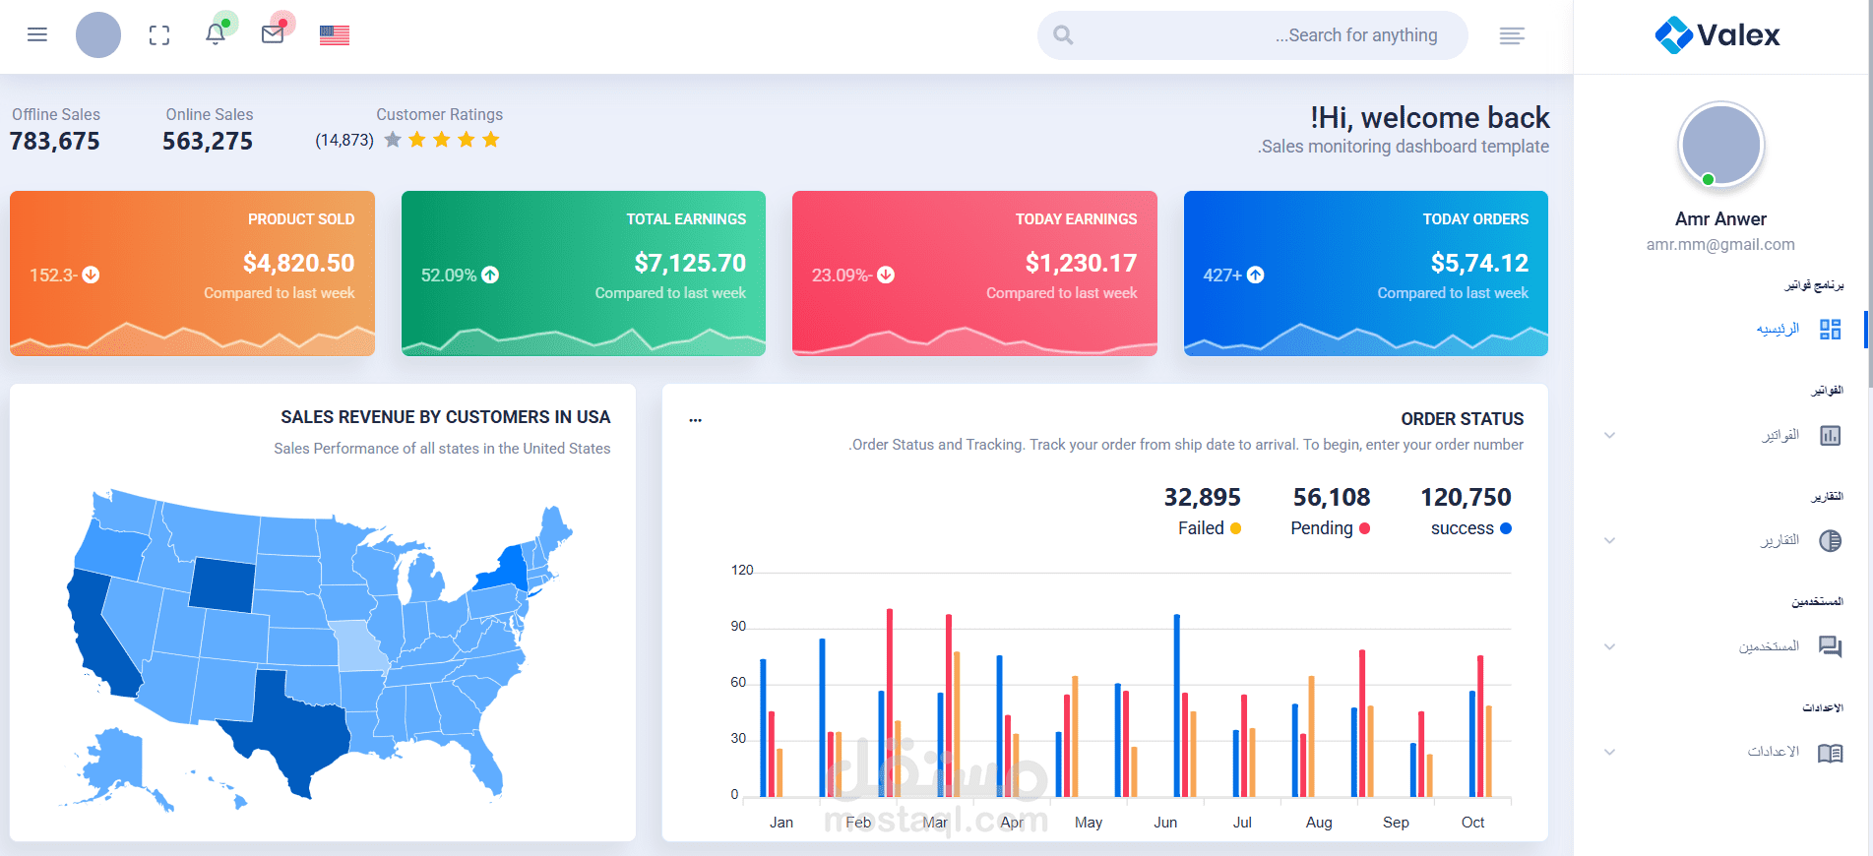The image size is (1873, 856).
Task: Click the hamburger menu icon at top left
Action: pyautogui.click(x=37, y=35)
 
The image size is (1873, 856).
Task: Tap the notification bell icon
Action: pyautogui.click(x=215, y=34)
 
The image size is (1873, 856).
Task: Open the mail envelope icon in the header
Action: pyautogui.click(x=273, y=34)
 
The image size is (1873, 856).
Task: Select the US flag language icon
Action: pyautogui.click(x=335, y=35)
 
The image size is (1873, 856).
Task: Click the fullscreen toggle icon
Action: pyautogui.click(x=159, y=35)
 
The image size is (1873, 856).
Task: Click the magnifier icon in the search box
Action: pyautogui.click(x=1063, y=35)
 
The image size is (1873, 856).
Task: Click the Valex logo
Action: pyautogui.click(x=1717, y=35)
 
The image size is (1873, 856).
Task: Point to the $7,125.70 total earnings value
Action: pyautogui.click(x=690, y=263)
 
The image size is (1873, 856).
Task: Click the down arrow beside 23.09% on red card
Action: pyautogui.click(x=886, y=275)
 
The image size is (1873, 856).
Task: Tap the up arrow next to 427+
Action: pyautogui.click(x=1256, y=275)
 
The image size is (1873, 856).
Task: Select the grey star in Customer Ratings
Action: pyautogui.click(x=393, y=140)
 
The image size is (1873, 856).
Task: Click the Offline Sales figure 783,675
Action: pyautogui.click(x=55, y=142)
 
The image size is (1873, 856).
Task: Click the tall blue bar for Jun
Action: pyautogui.click(x=1176, y=703)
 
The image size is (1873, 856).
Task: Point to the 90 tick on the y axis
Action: pyautogui.click(x=738, y=627)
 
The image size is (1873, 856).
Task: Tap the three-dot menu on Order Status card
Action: pyautogui.click(x=696, y=420)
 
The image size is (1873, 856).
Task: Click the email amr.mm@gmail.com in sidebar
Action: pyautogui.click(x=1720, y=244)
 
